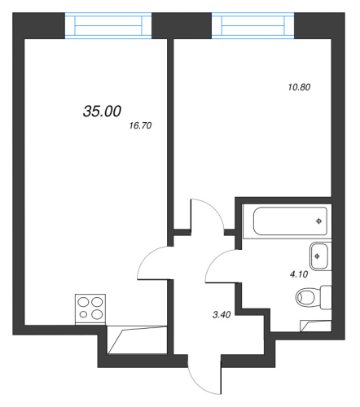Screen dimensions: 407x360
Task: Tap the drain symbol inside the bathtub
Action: tap(318, 221)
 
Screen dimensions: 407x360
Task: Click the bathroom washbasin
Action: tap(318, 256)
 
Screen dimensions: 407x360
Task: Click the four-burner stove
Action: tap(90, 309)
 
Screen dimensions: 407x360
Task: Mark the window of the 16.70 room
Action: tap(108, 25)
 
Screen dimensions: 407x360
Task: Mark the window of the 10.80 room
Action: tap(253, 25)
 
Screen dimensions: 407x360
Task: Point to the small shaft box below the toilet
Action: tap(315, 326)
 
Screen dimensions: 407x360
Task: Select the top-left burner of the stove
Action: tap(83, 302)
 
